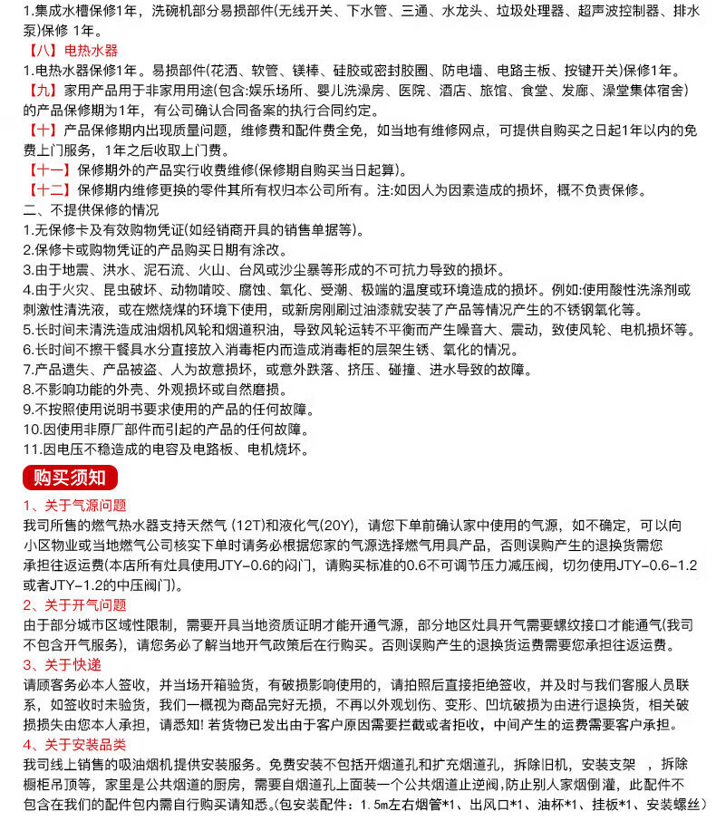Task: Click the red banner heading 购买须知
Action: point(70,478)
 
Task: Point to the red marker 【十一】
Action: point(47,170)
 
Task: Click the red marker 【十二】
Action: point(47,190)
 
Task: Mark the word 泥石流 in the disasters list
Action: point(160,270)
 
